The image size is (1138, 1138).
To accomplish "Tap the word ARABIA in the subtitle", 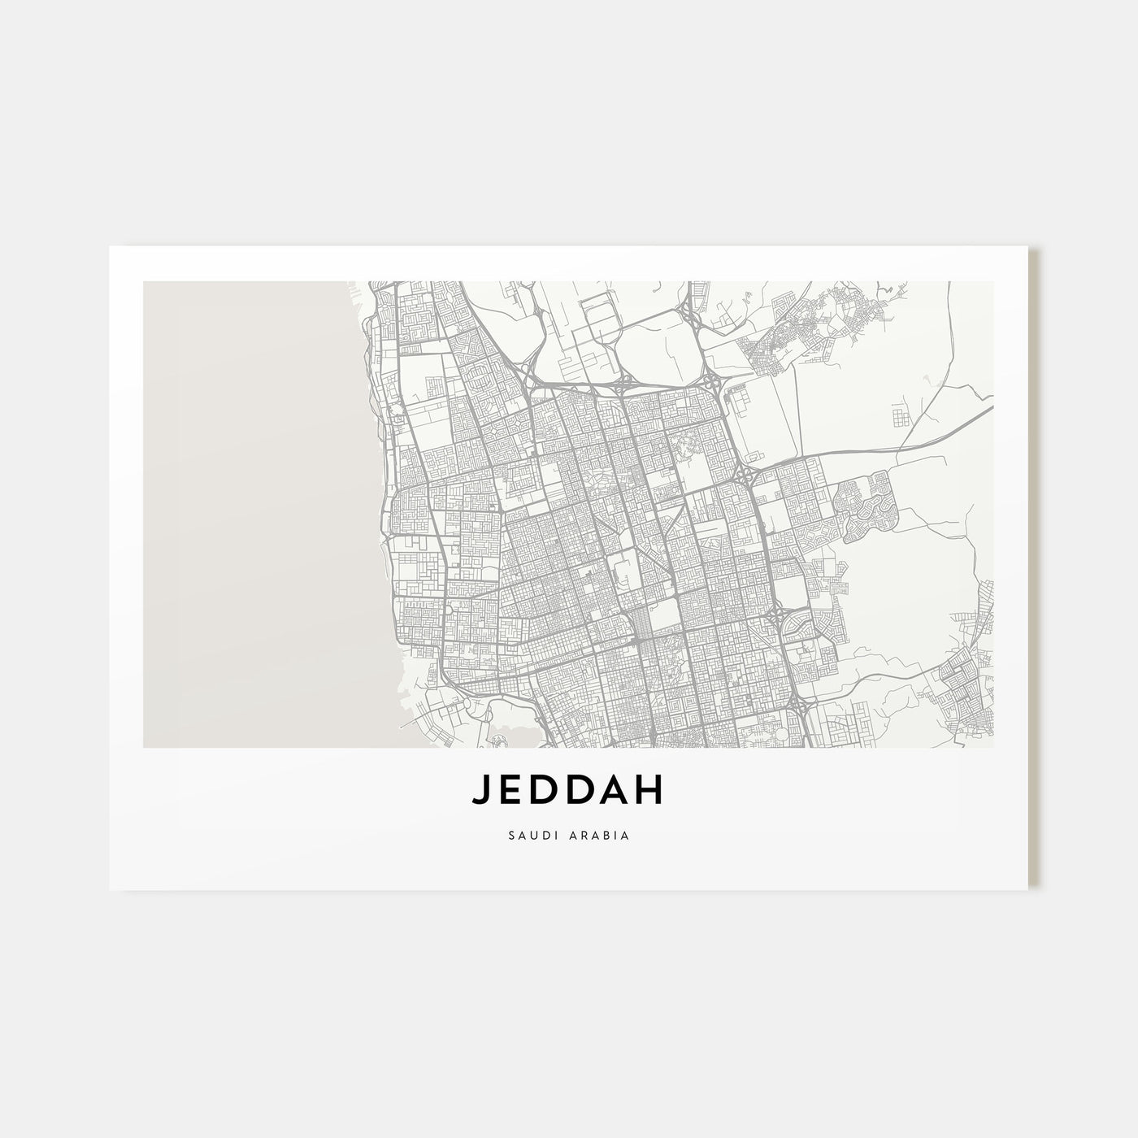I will pos(600,835).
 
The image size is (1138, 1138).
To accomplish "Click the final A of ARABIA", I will pos(626,835).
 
